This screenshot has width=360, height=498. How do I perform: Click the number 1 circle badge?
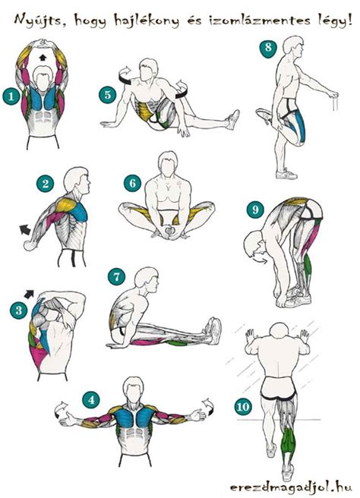tap(11, 96)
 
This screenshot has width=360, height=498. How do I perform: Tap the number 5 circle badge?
tap(108, 95)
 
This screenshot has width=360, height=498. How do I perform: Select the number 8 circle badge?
tap(268, 48)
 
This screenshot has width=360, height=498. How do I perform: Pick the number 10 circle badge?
tap(243, 407)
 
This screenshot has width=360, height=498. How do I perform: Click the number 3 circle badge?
tap(19, 310)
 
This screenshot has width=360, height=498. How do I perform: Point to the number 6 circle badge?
tap(132, 183)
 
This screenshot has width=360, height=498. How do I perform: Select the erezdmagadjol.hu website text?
tap(290, 487)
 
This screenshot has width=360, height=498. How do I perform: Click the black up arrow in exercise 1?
tap(42, 57)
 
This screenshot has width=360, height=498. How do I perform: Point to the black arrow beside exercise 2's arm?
tap(25, 229)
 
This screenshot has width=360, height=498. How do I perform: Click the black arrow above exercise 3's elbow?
tap(29, 294)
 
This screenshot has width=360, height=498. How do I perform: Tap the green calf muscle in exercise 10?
tap(289, 440)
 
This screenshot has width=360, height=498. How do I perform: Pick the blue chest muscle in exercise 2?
tap(79, 210)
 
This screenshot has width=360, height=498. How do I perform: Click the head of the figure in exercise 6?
tap(168, 162)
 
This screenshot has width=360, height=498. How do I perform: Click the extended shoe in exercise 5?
tap(233, 120)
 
